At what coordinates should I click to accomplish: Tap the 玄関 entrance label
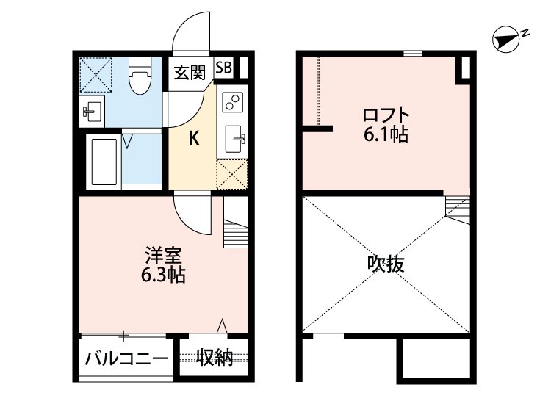coord(189,72)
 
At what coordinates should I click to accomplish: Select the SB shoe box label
coord(224,68)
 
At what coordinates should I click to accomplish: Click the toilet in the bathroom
coord(137,78)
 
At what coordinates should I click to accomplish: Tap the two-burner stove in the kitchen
coord(231,102)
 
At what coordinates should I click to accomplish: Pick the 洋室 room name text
coord(163,257)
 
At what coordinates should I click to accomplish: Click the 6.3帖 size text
coord(163,276)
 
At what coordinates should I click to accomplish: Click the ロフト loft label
coord(386,116)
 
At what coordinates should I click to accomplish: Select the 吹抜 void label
coord(386,264)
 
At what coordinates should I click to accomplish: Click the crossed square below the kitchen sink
coord(233,173)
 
